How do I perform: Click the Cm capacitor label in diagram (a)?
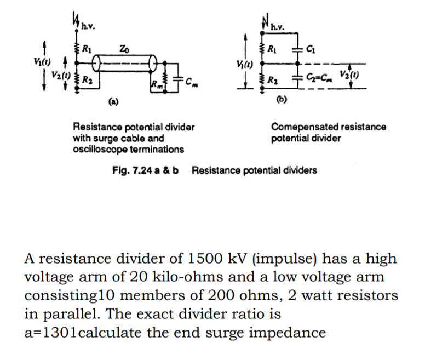(x=189, y=83)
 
